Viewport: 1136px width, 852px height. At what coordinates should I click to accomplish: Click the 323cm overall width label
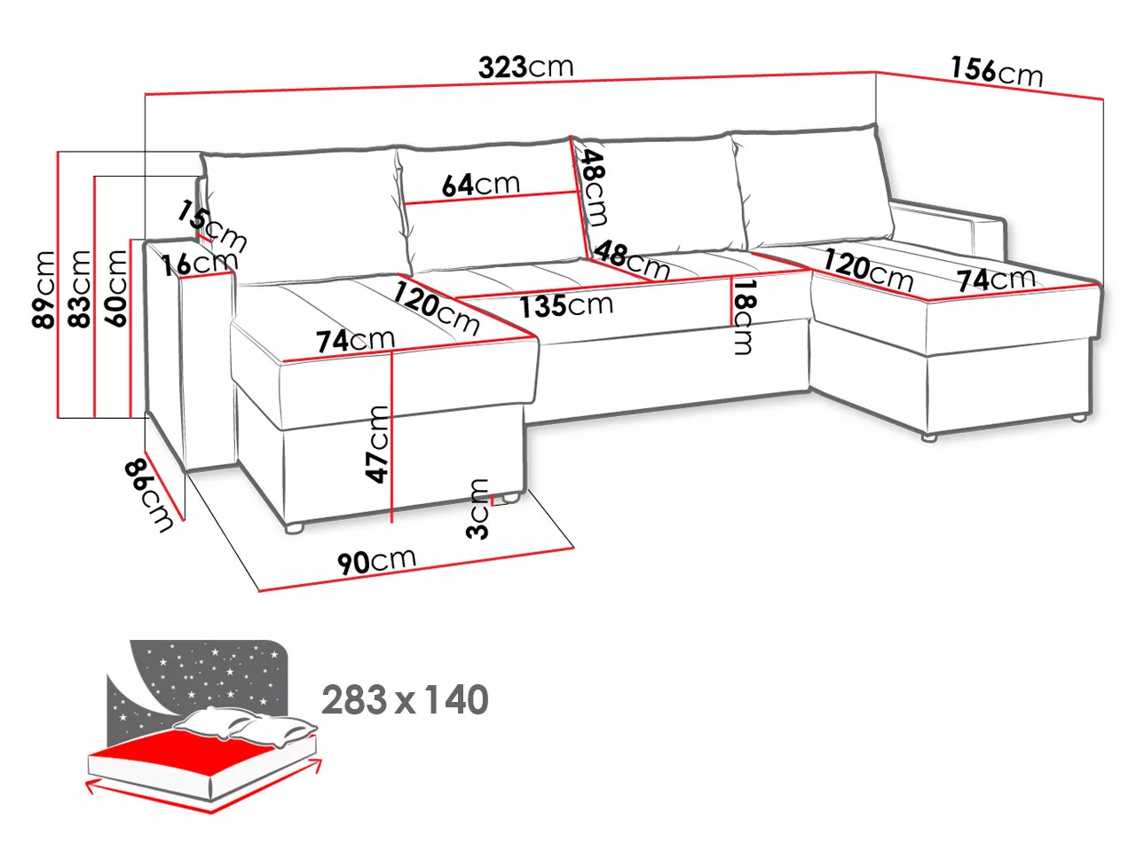pos(525,67)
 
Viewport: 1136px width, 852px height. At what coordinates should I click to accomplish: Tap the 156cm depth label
pos(997,72)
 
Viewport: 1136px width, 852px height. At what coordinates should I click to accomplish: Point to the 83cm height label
pos(79,288)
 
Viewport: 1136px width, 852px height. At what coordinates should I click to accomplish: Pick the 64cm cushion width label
pos(480,185)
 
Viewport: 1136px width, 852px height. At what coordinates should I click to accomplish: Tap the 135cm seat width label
pos(566,305)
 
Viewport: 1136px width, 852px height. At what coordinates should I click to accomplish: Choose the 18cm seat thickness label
pos(744,317)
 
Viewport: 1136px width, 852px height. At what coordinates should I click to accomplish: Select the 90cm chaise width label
pos(376,561)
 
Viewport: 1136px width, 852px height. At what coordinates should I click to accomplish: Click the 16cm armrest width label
pos(200,264)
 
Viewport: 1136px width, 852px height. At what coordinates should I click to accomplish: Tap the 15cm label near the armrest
pos(212,227)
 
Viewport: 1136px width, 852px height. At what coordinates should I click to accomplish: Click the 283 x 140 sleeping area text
pos(405,699)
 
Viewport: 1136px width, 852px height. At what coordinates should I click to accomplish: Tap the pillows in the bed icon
pos(246,723)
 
